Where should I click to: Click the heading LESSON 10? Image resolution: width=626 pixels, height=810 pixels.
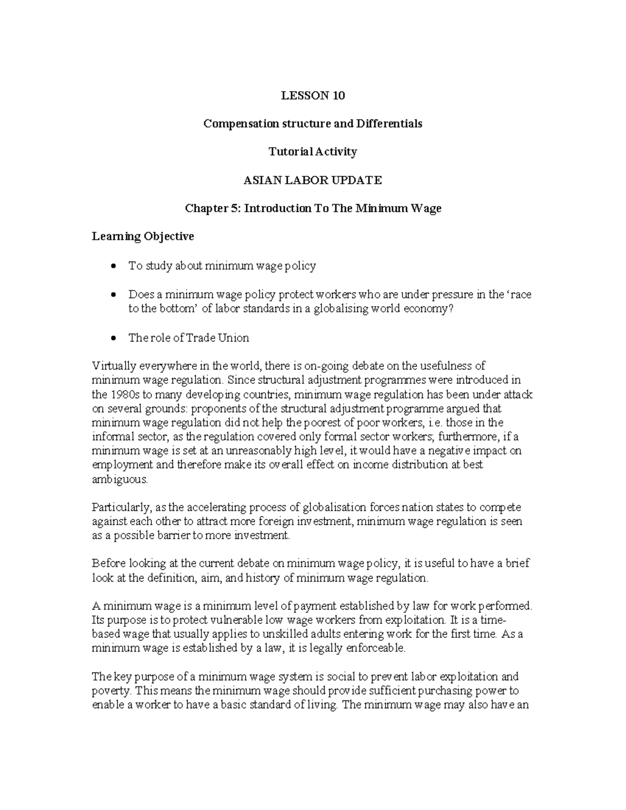313,95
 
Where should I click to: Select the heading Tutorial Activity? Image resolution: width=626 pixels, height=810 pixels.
312,152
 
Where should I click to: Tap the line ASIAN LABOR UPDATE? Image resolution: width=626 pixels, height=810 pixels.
313,180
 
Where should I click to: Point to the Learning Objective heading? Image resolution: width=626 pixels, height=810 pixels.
143,237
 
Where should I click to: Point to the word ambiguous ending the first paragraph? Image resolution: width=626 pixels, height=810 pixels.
119,479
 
